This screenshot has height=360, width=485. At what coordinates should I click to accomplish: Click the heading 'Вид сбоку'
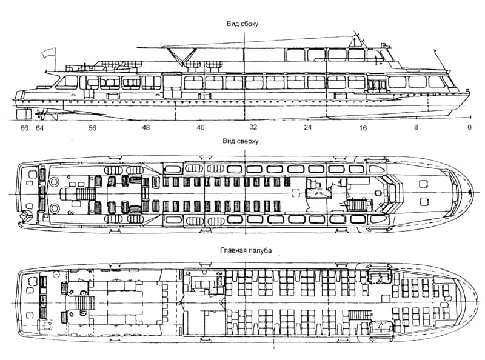241,24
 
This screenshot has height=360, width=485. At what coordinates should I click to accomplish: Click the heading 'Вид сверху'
241,141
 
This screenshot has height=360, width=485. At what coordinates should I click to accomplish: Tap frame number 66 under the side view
24,128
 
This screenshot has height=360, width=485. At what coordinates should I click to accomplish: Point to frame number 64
39,128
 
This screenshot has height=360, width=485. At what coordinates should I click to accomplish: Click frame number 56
92,128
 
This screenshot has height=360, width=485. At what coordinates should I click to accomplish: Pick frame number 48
146,128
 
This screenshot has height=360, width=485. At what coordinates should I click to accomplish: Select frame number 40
200,128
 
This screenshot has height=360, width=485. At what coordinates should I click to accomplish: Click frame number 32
253,128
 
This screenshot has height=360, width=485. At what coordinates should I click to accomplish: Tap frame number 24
308,128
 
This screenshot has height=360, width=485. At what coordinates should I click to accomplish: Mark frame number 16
363,128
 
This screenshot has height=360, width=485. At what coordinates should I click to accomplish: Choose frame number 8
416,128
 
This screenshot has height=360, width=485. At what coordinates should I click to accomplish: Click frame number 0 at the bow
469,128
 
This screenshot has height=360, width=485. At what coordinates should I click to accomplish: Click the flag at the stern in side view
46,53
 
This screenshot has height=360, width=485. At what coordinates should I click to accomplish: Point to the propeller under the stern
41,113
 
